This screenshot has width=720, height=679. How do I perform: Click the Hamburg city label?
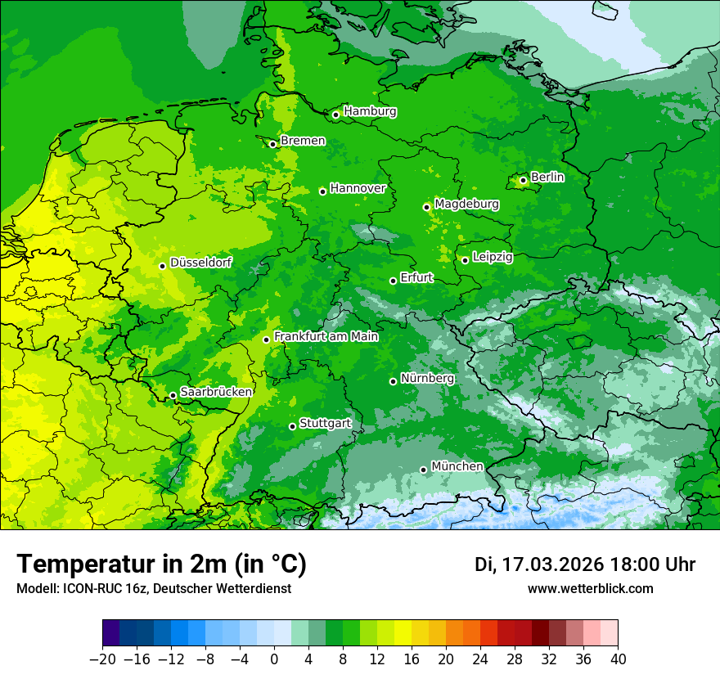tap(370, 111)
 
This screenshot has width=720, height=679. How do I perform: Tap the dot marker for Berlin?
tap(523, 180)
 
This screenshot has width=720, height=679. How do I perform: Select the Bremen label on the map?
tap(303, 141)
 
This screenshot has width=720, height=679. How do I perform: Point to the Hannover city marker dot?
tap(322, 191)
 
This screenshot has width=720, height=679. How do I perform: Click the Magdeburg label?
tap(466, 204)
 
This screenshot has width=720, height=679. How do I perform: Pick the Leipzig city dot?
tap(465, 260)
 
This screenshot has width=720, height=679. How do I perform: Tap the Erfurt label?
tap(416, 278)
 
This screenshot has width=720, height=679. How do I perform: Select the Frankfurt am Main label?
tap(326, 336)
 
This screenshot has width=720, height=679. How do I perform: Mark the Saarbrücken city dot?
tap(173, 395)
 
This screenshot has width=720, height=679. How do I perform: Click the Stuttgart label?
tap(325, 424)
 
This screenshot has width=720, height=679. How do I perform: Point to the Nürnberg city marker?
tap(393, 381)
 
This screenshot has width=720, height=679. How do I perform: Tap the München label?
tap(457, 466)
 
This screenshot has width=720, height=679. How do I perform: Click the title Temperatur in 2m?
tap(161, 564)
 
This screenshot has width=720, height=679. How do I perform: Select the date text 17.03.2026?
tap(552, 564)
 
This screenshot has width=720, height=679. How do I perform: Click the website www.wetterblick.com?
tap(590, 588)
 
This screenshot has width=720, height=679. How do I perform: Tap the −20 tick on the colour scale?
tap(102, 659)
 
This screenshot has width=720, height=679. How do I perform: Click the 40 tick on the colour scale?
tap(618, 659)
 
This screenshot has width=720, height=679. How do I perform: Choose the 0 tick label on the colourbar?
tap(274, 659)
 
